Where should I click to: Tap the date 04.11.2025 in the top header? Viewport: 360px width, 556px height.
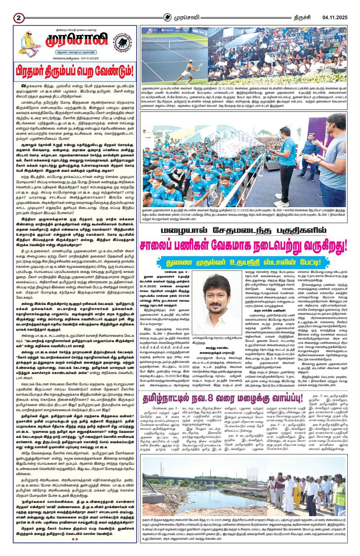[335, 17]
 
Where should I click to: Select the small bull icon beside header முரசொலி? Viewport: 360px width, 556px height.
[168, 17]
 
